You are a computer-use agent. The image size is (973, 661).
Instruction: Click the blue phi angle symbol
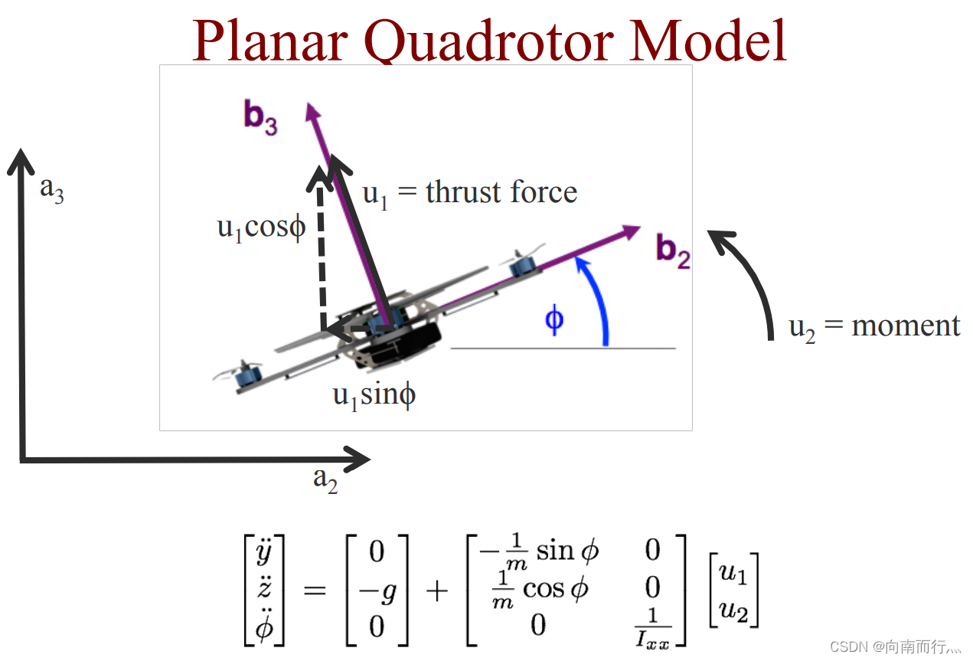click(554, 319)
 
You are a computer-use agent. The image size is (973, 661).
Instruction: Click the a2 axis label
click(325, 479)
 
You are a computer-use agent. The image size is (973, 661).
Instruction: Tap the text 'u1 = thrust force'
click(469, 192)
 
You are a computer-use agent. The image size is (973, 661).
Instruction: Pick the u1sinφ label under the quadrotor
click(374, 395)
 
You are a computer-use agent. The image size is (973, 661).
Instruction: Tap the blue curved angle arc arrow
click(597, 299)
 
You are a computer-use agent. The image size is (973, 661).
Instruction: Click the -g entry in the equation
click(377, 589)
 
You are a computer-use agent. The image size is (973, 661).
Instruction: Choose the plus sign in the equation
click(436, 591)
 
